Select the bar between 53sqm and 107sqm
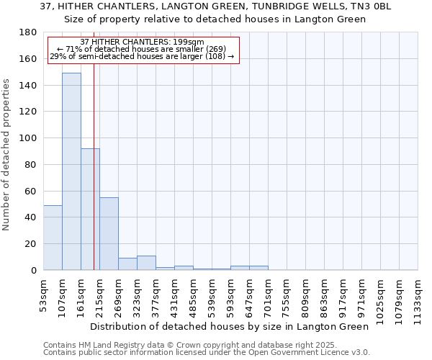coord(53,238)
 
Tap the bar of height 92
coord(90,209)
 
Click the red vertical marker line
coord(94,180)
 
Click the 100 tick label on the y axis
coord(28,138)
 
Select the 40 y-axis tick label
coord(31,217)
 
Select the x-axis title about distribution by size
coord(230,326)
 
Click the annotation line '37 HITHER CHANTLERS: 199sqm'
coord(143,42)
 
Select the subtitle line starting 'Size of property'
coord(215,19)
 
